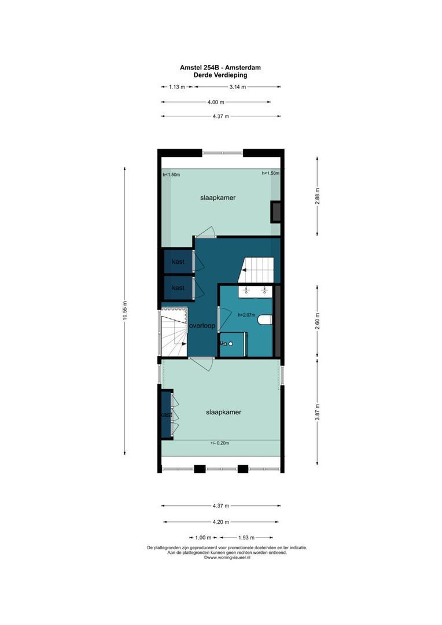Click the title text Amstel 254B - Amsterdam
pyautogui.click(x=220, y=68)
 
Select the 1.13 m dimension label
pyautogui.click(x=176, y=87)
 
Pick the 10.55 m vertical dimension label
pyautogui.click(x=124, y=312)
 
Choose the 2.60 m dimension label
pyautogui.click(x=316, y=320)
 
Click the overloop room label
pyautogui.click(x=202, y=326)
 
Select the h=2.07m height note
pyautogui.click(x=246, y=315)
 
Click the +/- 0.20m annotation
pyautogui.click(x=220, y=443)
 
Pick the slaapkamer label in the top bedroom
pyautogui.click(x=218, y=198)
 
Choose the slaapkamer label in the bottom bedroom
pyautogui.click(x=223, y=413)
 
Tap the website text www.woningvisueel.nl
pyautogui.click(x=226, y=558)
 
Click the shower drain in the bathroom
pyautogui.click(x=230, y=343)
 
